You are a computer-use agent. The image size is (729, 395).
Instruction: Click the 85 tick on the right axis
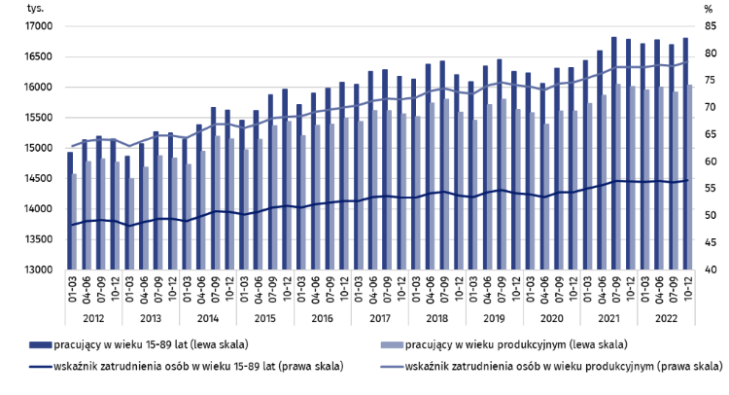[x=711, y=26]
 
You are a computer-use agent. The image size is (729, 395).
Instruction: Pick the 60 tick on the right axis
[x=711, y=162]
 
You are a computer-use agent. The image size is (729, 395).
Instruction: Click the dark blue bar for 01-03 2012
[x=69, y=210]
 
